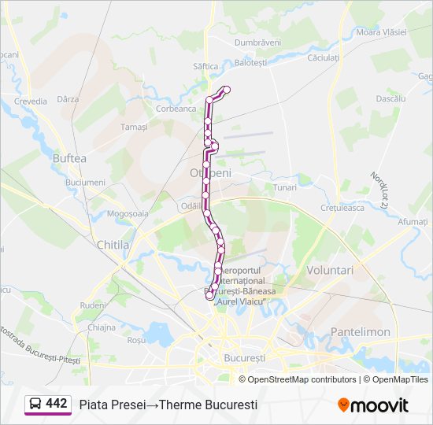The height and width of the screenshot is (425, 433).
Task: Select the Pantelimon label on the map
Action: click(361, 332)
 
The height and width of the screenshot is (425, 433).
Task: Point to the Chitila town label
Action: click(113, 245)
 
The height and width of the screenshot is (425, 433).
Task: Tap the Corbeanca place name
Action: click(176, 109)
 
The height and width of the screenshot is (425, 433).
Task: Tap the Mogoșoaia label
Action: click(128, 213)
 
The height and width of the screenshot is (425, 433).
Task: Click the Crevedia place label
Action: click(31, 102)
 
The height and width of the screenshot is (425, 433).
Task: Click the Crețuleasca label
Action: click(342, 208)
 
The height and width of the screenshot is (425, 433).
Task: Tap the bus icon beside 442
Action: click(35, 404)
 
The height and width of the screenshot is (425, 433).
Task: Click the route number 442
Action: click(57, 404)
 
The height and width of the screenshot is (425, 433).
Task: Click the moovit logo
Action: click(373, 405)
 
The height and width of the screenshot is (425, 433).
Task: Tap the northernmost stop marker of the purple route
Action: click(227, 89)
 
